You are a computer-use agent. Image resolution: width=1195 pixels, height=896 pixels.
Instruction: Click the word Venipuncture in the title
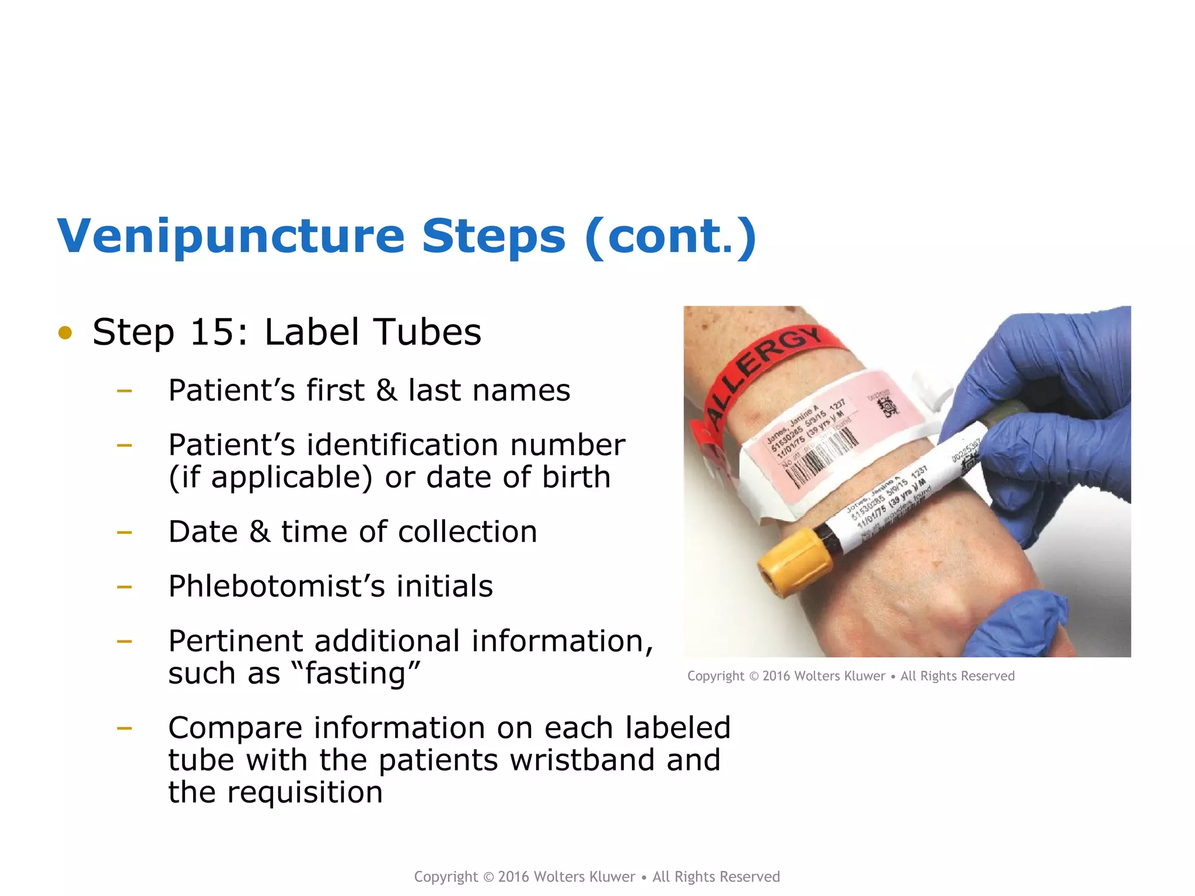point(231,237)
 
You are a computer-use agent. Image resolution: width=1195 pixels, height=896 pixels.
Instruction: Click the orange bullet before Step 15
point(65,332)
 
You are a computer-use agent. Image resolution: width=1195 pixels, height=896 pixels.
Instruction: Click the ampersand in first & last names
point(386,390)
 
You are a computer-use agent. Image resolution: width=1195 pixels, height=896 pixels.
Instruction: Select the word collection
point(467,532)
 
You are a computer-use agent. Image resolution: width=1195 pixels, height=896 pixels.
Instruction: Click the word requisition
point(305,792)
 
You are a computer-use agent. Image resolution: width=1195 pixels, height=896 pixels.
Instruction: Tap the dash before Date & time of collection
point(124,532)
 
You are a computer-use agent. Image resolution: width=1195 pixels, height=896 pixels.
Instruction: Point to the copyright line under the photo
point(851,676)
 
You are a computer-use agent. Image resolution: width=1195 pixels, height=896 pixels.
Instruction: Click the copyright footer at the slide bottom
point(596,877)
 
